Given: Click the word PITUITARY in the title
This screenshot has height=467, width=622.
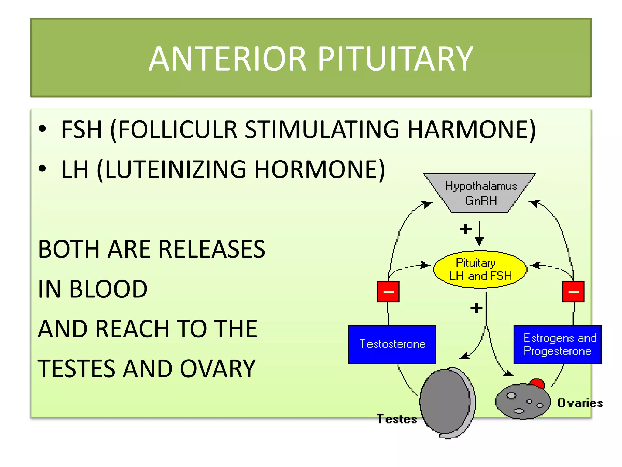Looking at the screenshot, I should [395, 59].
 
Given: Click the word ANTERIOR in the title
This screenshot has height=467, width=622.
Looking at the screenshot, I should [227, 59].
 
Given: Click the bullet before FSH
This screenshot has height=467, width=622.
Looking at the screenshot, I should [42, 129].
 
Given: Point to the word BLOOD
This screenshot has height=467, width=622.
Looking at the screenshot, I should [108, 289].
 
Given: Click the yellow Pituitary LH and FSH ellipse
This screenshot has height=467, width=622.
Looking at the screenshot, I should [480, 270].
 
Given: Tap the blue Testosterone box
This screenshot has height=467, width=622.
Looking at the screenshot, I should [392, 344].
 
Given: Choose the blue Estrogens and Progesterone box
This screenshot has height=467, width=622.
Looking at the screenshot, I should [557, 344].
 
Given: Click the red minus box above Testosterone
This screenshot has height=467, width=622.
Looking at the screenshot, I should [388, 292].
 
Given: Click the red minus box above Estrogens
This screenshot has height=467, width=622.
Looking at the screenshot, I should [573, 292].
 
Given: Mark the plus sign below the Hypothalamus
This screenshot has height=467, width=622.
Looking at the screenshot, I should [466, 229].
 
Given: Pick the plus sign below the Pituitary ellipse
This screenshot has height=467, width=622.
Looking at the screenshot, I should [476, 308].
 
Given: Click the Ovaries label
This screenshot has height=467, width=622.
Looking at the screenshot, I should [579, 403].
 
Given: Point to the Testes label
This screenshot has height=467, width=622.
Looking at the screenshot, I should [397, 419].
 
